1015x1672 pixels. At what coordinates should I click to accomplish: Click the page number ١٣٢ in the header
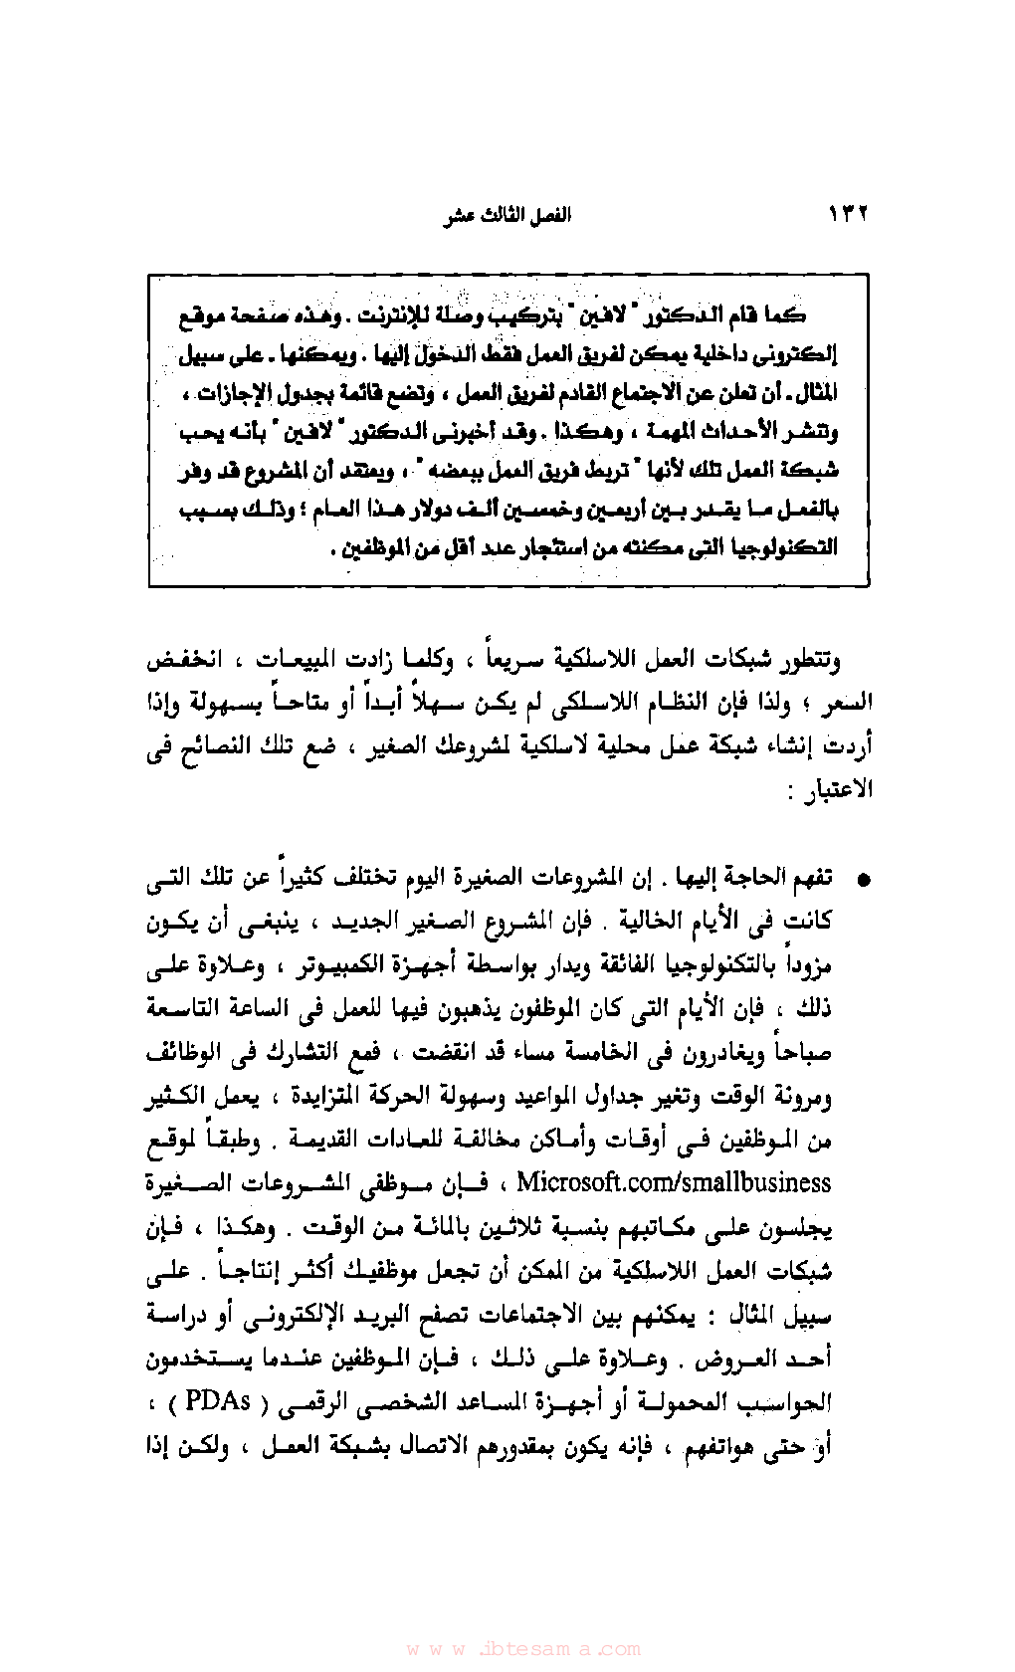pos(847,214)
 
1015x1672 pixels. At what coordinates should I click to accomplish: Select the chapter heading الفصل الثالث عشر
pos(507,216)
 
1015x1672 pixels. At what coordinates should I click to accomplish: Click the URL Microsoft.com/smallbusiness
pos(673,1182)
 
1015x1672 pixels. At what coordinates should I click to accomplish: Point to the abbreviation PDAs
pos(218,1401)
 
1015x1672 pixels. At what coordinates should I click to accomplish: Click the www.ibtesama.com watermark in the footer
pos(523,1649)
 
